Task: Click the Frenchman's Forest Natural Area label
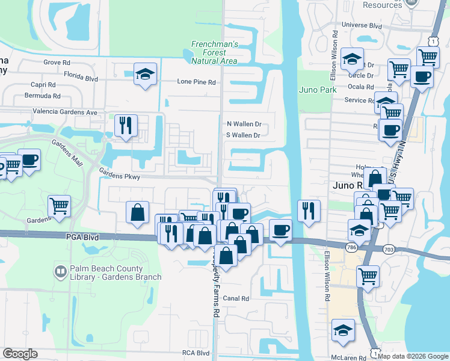tap(215, 52)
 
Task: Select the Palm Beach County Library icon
tap(60, 273)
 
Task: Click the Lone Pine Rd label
tap(196, 82)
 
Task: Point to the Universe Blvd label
tap(362, 25)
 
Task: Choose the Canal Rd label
tap(236, 298)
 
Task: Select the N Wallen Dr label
tap(243, 124)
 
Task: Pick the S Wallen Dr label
tap(243, 135)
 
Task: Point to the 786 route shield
tap(352, 247)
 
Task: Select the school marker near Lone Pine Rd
tap(145, 74)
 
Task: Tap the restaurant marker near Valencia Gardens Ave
tap(126, 125)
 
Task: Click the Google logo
tap(20, 354)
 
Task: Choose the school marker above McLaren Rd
tap(343, 330)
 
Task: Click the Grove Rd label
tap(57, 62)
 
